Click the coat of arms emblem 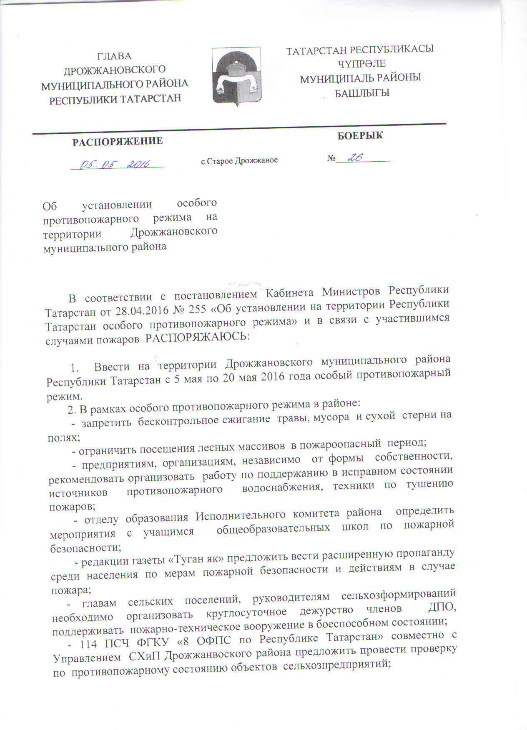(x=236, y=76)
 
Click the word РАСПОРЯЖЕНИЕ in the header (x=118, y=141)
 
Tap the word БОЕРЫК (x=360, y=135)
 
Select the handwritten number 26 (x=355, y=157)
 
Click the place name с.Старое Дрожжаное (x=239, y=160)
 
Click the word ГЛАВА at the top (x=114, y=56)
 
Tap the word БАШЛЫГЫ (x=362, y=92)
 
